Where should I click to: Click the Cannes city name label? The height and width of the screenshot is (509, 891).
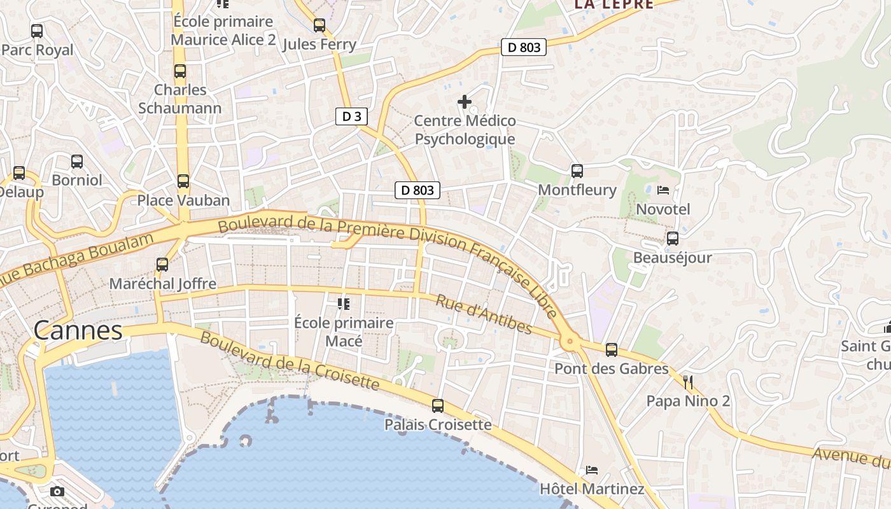pos(78,330)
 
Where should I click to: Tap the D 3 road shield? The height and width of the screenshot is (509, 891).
pos(351,116)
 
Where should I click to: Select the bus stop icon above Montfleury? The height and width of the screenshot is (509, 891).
pos(577,171)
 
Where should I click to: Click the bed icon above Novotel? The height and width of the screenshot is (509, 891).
pos(663,190)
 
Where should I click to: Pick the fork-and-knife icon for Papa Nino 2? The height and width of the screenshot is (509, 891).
pos(687,382)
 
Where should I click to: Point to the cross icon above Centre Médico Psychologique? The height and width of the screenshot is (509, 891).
pos(465,101)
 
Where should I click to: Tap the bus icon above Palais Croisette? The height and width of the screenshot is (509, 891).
pos(438,405)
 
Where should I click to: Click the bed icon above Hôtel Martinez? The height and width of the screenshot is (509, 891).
pos(592,470)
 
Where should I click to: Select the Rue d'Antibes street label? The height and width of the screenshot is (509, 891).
pos(484,314)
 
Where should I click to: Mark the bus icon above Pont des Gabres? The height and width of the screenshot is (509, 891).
pos(612,349)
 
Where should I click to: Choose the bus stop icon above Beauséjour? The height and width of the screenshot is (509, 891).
pos(673,239)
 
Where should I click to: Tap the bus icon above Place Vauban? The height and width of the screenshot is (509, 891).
pos(183,181)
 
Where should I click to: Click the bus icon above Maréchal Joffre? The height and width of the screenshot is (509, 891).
pos(162,264)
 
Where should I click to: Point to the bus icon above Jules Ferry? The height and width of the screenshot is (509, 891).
pos(319,25)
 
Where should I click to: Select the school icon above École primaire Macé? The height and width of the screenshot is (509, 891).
pos(344,303)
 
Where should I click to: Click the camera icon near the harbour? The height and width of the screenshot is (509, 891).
pos(57,491)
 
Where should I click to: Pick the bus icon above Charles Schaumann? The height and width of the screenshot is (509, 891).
pos(180,71)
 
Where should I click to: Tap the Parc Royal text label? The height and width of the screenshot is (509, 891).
pos(38,50)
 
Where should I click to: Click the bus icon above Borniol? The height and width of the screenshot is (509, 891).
pos(77,161)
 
